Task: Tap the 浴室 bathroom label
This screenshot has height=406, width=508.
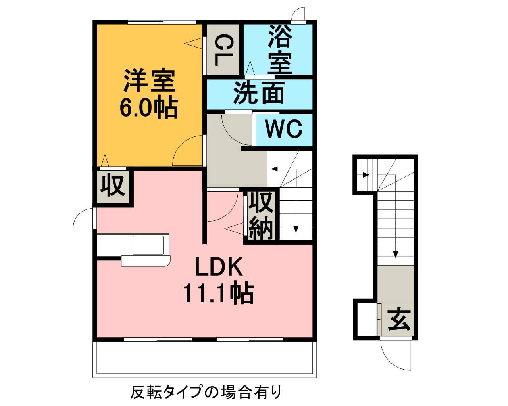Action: pyautogui.click(x=280, y=49)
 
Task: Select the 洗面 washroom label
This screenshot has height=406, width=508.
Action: pyautogui.click(x=258, y=94)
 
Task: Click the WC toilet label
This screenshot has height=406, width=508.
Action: pyautogui.click(x=284, y=129)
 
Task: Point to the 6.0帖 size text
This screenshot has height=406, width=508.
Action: pyautogui.click(x=148, y=107)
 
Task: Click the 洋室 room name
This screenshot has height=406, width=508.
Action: pyautogui.click(x=148, y=81)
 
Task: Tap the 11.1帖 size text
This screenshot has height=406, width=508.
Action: pyautogui.click(x=218, y=293)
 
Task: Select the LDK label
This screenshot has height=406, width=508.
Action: pyautogui.click(x=218, y=268)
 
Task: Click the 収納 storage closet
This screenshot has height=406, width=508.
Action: pyautogui.click(x=261, y=216)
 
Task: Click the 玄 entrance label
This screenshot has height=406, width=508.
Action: pyautogui.click(x=398, y=320)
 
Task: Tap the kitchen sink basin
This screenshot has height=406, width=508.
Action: pyautogui.click(x=148, y=245)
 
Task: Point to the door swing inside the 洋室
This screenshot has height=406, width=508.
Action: pyautogui.click(x=188, y=151)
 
